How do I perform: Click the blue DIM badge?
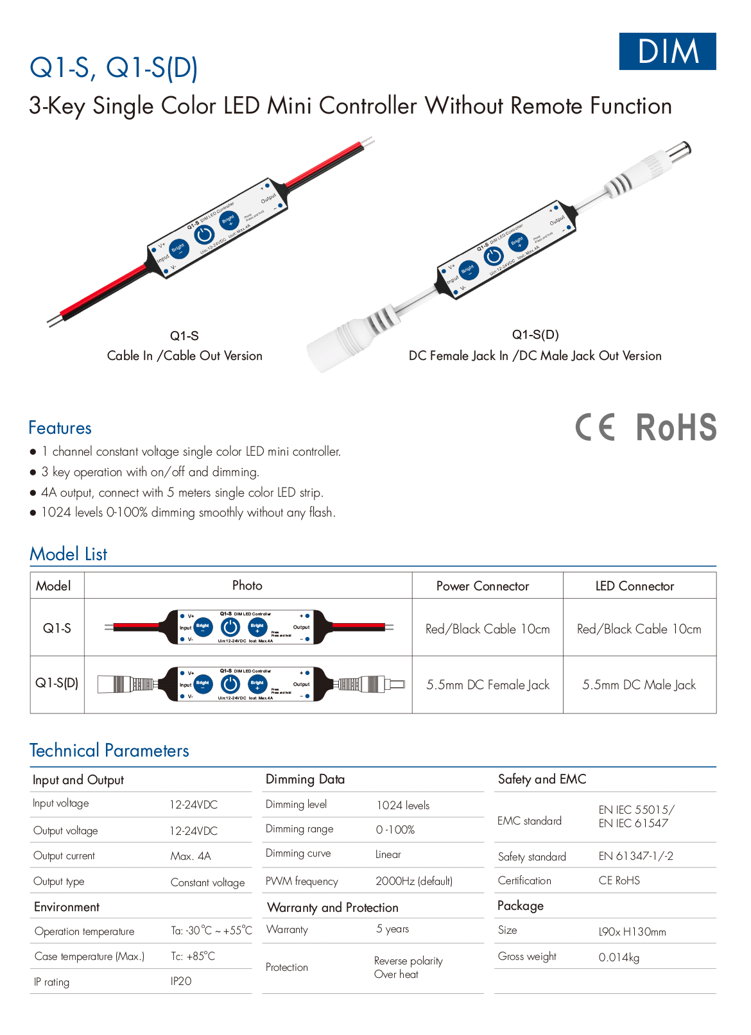[667, 51]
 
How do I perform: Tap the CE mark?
[595, 427]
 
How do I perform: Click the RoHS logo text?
[676, 428]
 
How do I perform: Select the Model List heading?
[68, 554]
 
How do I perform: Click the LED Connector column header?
[634, 586]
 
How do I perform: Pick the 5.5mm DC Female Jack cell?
[488, 685]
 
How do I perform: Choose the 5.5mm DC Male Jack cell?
[639, 685]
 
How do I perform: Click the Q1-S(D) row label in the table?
[56, 683]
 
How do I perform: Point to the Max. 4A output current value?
[191, 856]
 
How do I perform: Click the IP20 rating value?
[181, 981]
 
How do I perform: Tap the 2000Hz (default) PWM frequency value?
[414, 881]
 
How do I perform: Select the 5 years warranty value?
[392, 929]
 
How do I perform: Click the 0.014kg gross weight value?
[619, 957]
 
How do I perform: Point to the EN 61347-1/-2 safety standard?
[635, 856]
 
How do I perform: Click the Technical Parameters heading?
[109, 751]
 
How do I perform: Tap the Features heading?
[60, 428]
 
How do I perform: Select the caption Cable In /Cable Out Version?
[185, 356]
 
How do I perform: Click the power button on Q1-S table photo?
[230, 628]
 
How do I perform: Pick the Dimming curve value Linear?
[388, 855]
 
